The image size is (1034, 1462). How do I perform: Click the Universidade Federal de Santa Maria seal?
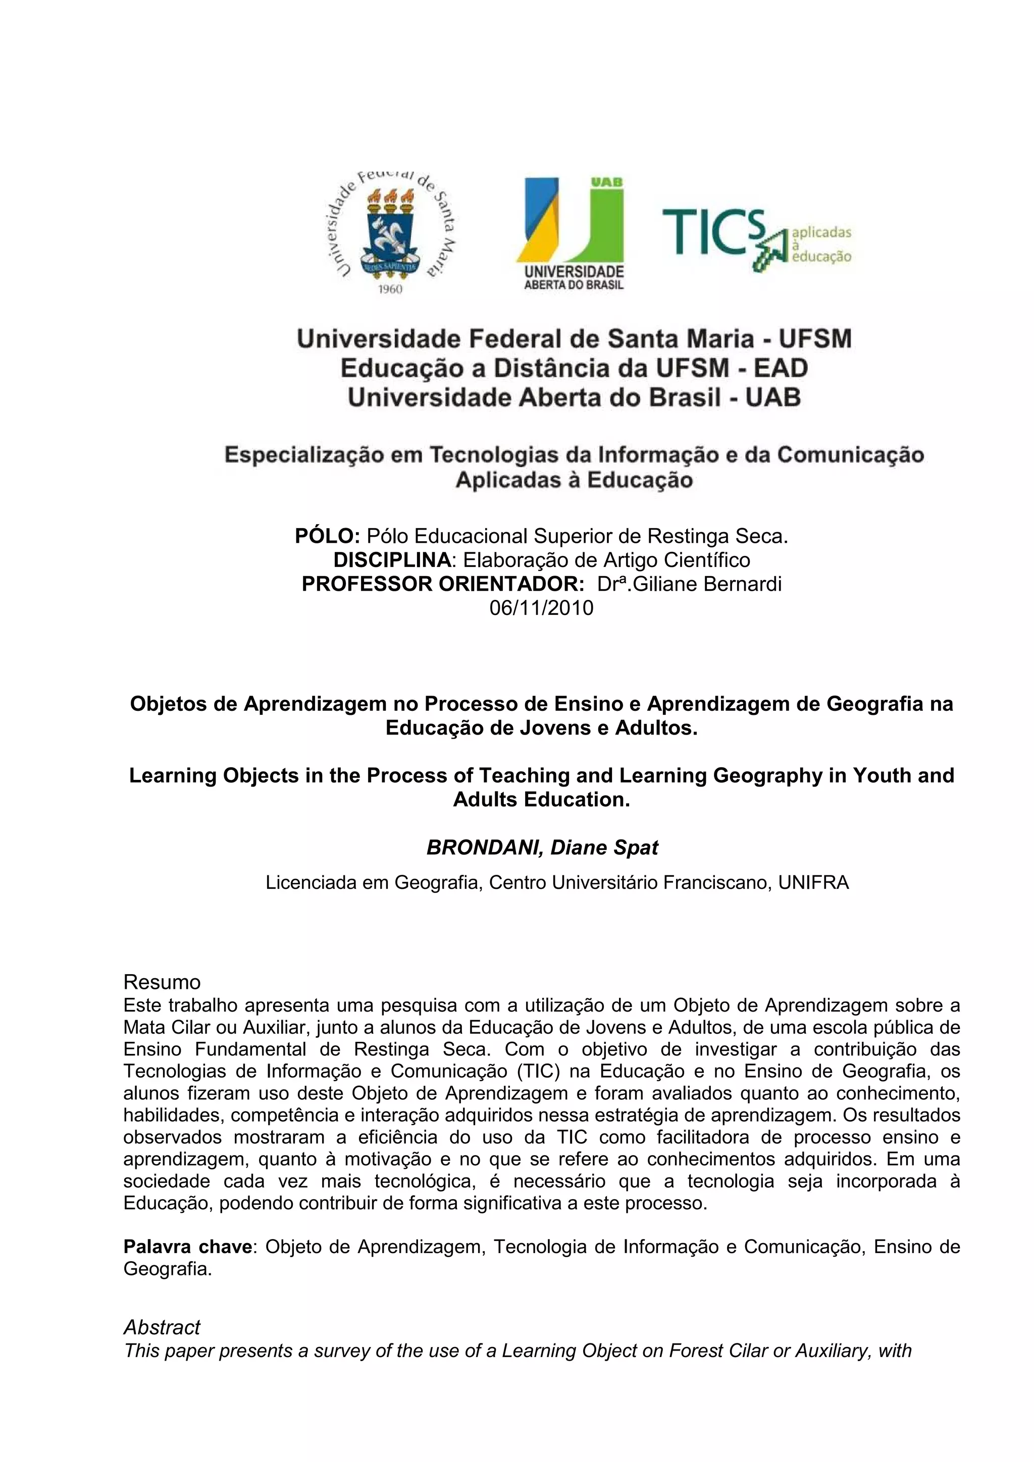pyautogui.click(x=390, y=231)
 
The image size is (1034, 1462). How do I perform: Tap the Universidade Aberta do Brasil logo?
pyautogui.click(x=573, y=234)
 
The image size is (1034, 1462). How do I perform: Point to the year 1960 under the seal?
pyautogui.click(x=390, y=289)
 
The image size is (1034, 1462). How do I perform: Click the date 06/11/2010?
pyautogui.click(x=541, y=608)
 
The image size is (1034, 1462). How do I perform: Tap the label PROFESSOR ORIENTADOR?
pyautogui.click(x=443, y=584)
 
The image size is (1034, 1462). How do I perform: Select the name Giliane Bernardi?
pyautogui.click(x=706, y=584)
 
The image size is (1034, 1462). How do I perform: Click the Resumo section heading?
pyautogui.click(x=162, y=981)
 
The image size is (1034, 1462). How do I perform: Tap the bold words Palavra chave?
pyautogui.click(x=188, y=1246)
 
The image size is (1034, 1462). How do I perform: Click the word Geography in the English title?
pyautogui.click(x=779, y=775)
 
